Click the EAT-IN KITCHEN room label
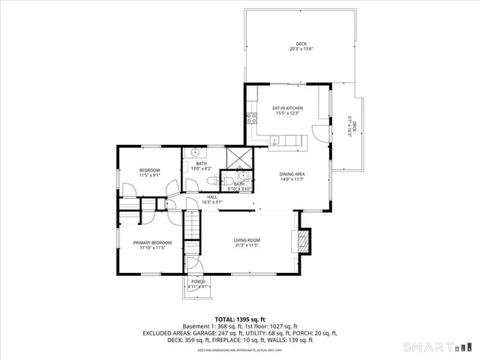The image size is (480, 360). (x=287, y=109)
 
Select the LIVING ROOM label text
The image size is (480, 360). (x=246, y=240)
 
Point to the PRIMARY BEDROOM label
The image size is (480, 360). (x=152, y=242)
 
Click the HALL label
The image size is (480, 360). (x=212, y=197)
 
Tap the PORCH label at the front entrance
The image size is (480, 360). (x=197, y=281)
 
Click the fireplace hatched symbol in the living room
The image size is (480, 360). (x=304, y=240)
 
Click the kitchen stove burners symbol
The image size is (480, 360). (x=251, y=118)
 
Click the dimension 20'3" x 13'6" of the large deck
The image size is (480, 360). (x=301, y=49)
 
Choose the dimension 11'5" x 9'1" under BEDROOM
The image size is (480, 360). (x=149, y=175)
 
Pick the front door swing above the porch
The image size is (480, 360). (x=193, y=264)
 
